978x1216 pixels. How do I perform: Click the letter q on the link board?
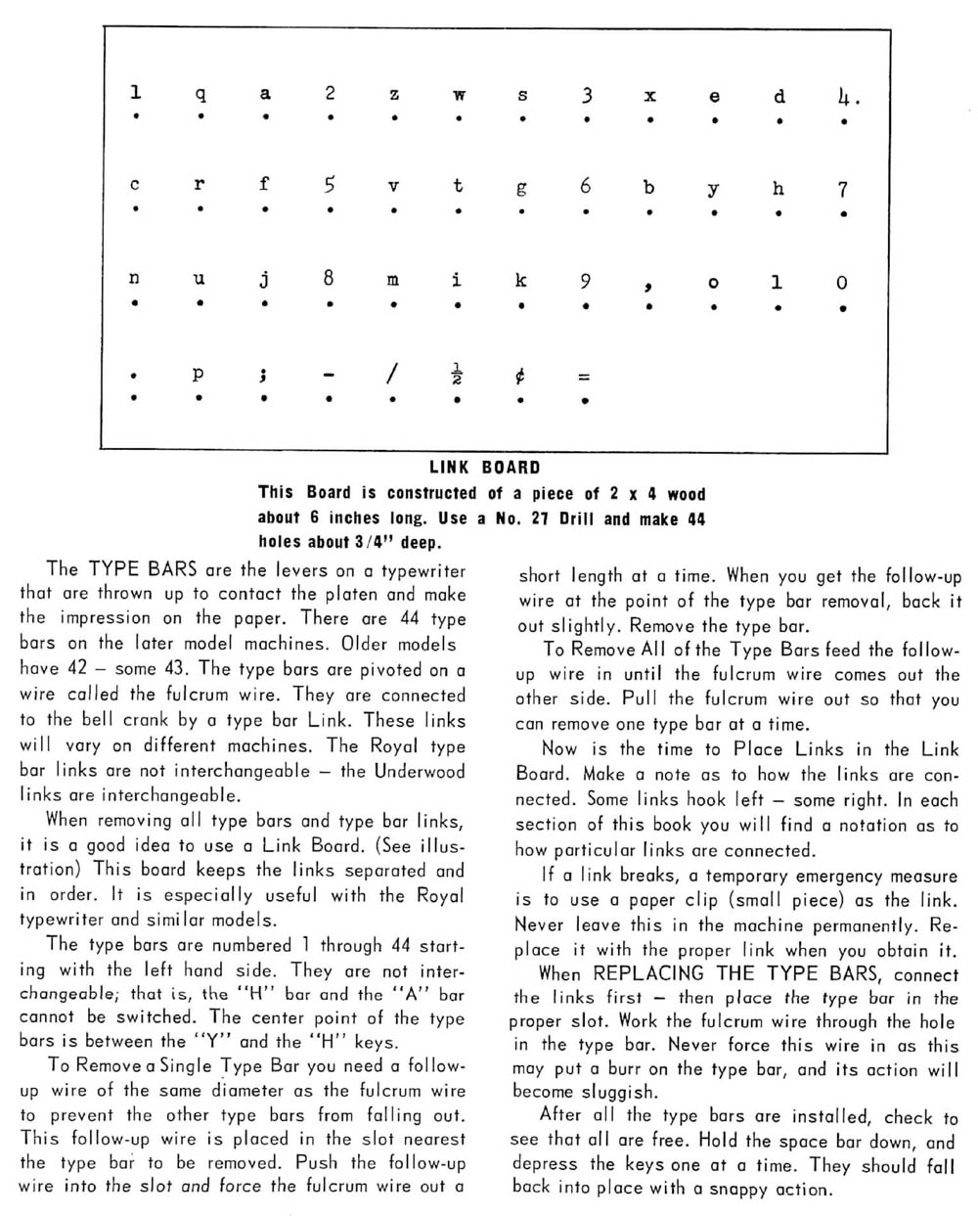pos(200,95)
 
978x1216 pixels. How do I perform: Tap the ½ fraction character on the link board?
pos(457,375)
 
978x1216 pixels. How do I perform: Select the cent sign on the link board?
pos(521,376)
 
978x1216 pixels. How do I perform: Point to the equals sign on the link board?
pos(584,376)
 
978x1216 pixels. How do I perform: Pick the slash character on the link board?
pos(393,375)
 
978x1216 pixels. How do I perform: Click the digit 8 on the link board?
pos(329,279)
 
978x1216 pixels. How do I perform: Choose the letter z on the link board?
pos(393,95)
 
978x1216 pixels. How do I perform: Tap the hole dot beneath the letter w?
pos(458,119)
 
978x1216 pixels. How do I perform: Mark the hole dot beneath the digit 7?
pos(843,213)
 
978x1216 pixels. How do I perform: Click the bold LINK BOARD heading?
pos(485,468)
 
